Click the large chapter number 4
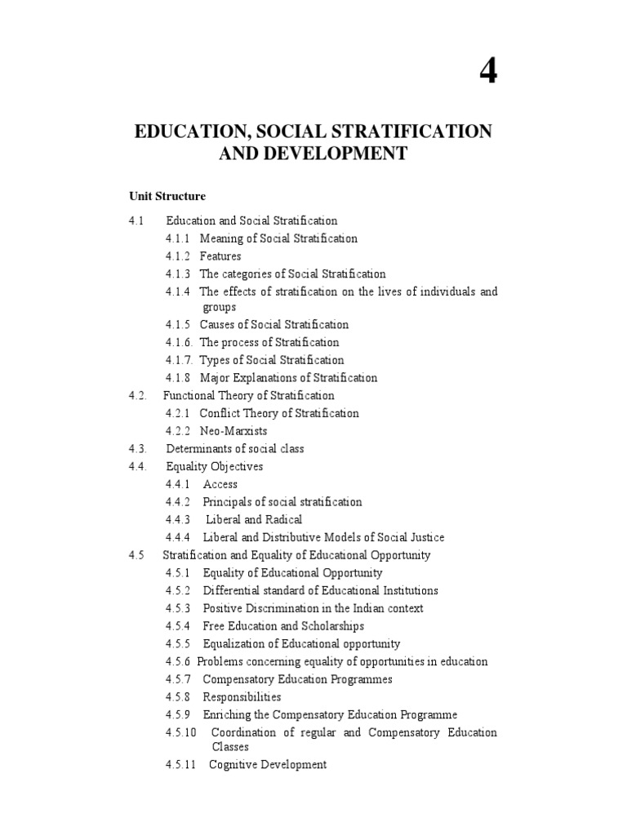click(x=487, y=73)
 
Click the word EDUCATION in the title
click(x=185, y=131)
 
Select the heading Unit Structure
click(x=167, y=197)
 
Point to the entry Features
click(x=220, y=256)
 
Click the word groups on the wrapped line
click(x=220, y=308)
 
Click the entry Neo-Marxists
click(x=233, y=431)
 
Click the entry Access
click(x=220, y=484)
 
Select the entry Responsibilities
click(x=242, y=697)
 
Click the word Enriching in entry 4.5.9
click(x=227, y=715)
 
